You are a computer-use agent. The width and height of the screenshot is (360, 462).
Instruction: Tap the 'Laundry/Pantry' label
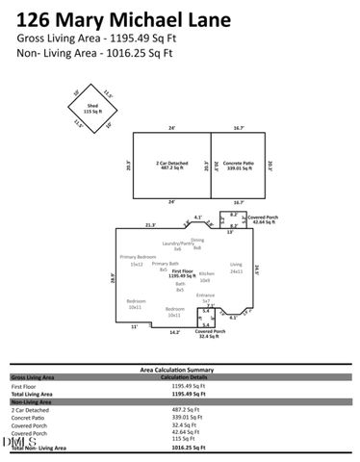[x=177, y=245]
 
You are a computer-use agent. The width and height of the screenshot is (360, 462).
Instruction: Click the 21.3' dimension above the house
[x=150, y=224]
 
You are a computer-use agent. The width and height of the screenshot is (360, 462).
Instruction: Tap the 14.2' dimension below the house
[x=174, y=332]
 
